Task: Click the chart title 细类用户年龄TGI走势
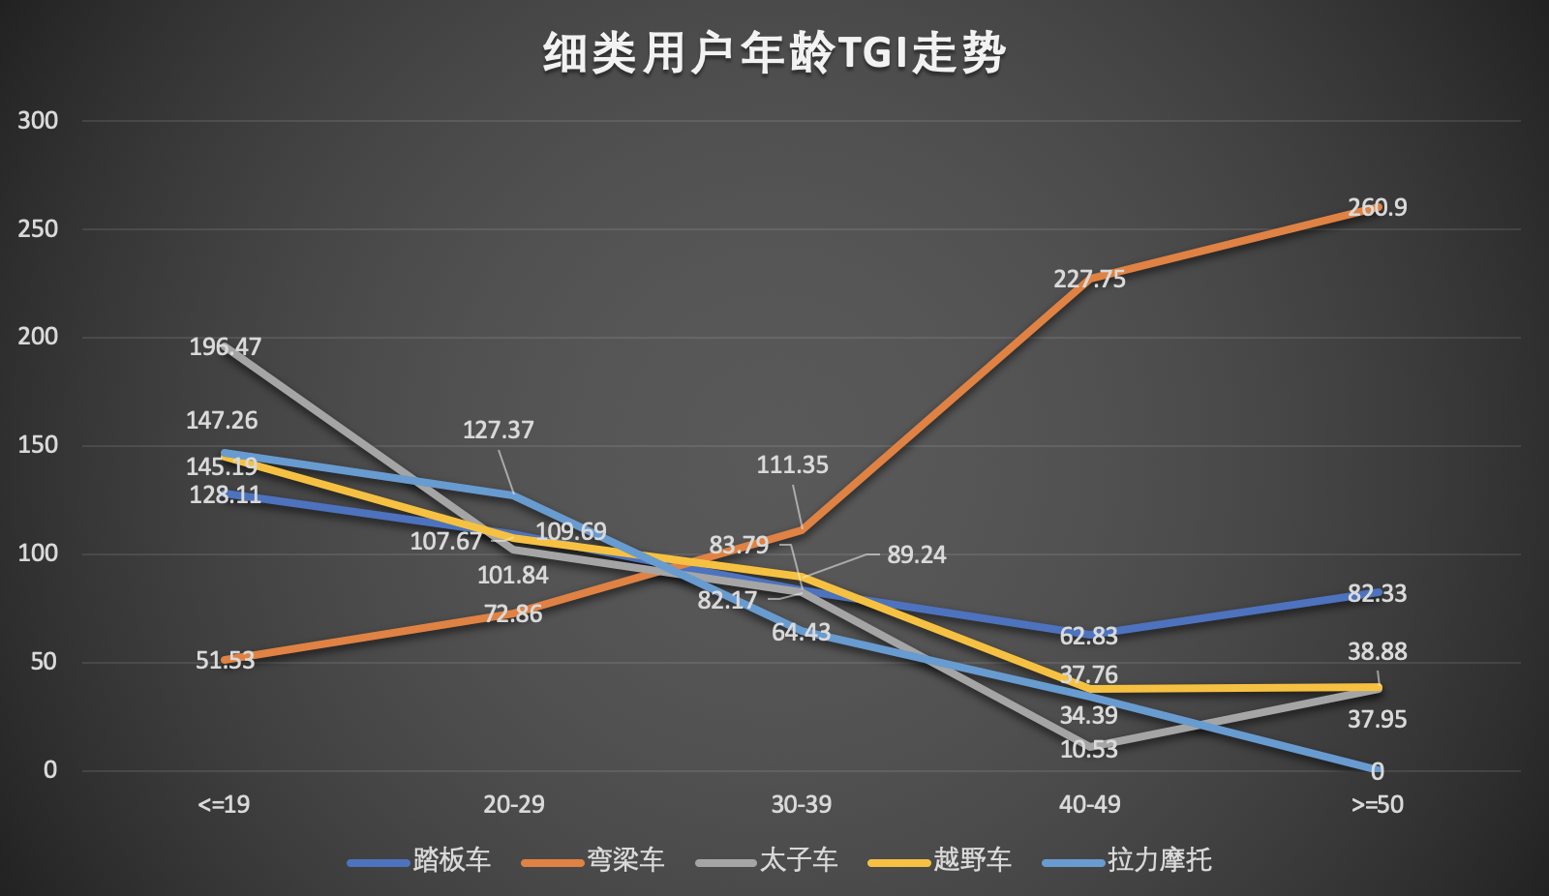pos(774,53)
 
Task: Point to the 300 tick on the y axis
pos(38,121)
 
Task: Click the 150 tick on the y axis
pos(38,445)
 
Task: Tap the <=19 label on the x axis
pos(224,804)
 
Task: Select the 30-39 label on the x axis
pos(801,804)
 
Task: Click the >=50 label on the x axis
pos(1377,804)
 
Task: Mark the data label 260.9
pos(1377,208)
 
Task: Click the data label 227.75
pos(1089,280)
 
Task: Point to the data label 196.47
pos(225,346)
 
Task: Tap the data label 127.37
pos(498,430)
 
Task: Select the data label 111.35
pos(792,465)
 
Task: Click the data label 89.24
pos(916,554)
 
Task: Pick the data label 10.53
pos(1088,749)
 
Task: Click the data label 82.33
pos(1377,593)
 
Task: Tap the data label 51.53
pos(225,660)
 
